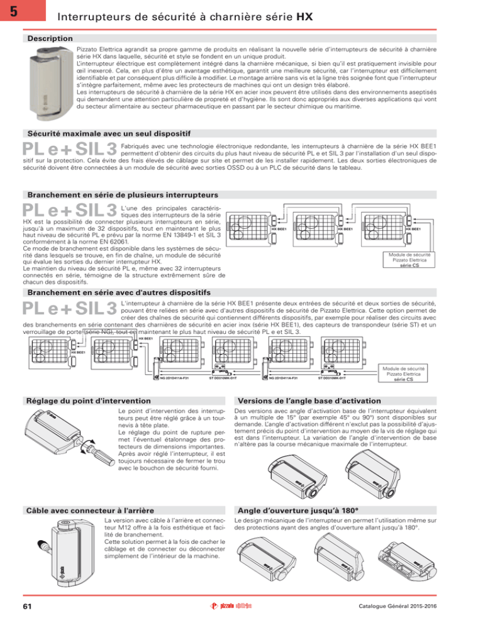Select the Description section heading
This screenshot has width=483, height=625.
(48, 39)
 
